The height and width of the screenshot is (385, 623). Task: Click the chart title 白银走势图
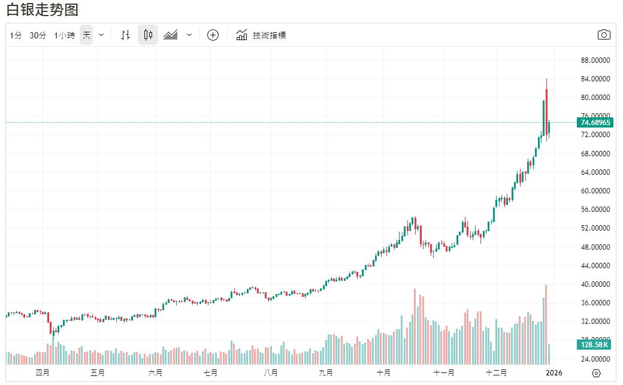click(42, 10)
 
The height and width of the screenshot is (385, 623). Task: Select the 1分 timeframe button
click(16, 35)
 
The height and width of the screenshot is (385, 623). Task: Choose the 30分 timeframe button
click(38, 35)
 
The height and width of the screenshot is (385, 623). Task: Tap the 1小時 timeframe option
click(64, 35)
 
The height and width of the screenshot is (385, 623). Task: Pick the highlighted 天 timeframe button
click(87, 35)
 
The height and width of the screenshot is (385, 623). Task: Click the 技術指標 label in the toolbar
click(269, 35)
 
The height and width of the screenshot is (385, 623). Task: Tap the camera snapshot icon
click(604, 35)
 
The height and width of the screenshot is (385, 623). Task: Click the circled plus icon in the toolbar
click(213, 35)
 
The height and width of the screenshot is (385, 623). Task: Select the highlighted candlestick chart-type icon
click(148, 35)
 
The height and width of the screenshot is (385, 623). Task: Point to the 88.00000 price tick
click(595, 60)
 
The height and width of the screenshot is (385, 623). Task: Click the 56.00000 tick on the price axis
click(595, 210)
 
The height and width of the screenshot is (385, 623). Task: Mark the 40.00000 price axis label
click(595, 284)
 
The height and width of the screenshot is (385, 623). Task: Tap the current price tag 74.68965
click(595, 123)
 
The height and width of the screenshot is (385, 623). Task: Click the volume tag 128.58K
click(594, 344)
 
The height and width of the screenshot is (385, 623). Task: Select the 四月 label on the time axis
click(42, 372)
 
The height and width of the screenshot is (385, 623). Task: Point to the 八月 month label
click(271, 372)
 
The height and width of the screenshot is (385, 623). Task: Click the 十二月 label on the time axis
click(497, 372)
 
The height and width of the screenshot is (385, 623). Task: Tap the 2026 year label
click(555, 372)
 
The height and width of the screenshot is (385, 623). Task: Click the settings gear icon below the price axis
click(595, 373)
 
